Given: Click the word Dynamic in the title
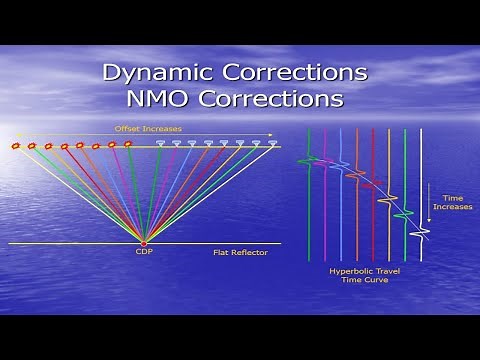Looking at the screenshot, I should tap(160, 74).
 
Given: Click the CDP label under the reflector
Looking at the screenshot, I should tap(143, 253).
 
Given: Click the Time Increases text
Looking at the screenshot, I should tap(447, 204).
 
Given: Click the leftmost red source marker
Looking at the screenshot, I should tap(16, 146).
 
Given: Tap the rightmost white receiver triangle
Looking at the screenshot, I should tap(272, 144).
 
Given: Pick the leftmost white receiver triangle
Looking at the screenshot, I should tap(160, 144).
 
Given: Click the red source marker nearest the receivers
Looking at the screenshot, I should tap(128, 145).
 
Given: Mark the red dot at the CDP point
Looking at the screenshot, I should tap(143, 243).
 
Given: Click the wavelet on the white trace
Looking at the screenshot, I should tap(421, 233).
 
